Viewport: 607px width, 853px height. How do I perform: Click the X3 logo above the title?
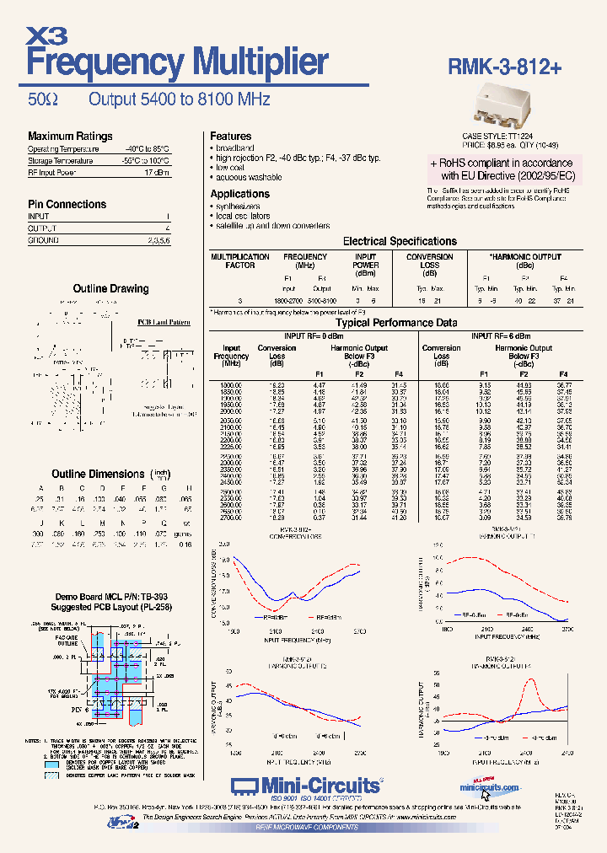[47, 35]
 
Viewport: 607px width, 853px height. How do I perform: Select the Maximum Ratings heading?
[70, 137]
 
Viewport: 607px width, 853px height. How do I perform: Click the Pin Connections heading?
[67, 204]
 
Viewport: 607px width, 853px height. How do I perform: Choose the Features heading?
[230, 136]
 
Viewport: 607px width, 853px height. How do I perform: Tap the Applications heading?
[239, 194]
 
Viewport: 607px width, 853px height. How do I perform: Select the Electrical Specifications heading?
[400, 241]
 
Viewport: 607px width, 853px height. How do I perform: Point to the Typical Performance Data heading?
[397, 323]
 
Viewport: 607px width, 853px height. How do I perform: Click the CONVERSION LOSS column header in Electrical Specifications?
[430, 261]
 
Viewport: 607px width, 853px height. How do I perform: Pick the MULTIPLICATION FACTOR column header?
[239, 260]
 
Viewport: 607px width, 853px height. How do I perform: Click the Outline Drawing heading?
[110, 288]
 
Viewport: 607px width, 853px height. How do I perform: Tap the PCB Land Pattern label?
[164, 322]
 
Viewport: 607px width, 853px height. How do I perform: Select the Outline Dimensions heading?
[98, 474]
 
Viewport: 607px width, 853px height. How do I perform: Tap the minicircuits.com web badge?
[489, 786]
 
